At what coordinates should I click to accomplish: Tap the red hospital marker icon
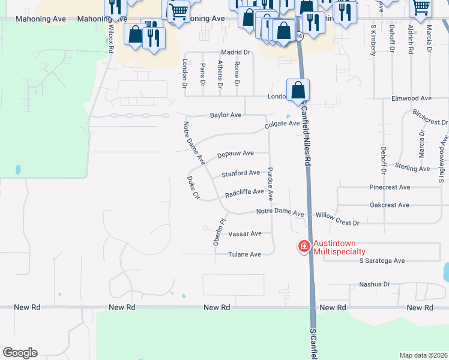coord(304,245)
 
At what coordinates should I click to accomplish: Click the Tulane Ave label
coord(244,254)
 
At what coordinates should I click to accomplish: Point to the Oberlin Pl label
coord(218,232)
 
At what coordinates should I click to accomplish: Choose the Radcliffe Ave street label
coord(244,193)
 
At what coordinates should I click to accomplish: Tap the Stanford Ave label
coord(241,173)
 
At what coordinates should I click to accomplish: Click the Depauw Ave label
coord(235,154)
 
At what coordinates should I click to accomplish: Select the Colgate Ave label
coord(282,124)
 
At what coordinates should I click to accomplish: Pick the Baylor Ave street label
coord(225,115)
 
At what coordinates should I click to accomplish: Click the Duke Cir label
coord(193,188)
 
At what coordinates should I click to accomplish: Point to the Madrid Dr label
coord(235,53)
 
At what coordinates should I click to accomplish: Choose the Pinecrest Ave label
coord(390,187)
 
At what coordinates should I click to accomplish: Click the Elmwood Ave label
coord(411,98)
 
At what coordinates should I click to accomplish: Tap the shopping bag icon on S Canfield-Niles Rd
coord(298,91)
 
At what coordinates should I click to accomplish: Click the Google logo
coord(20,353)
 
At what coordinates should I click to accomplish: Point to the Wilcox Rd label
coord(111,40)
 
